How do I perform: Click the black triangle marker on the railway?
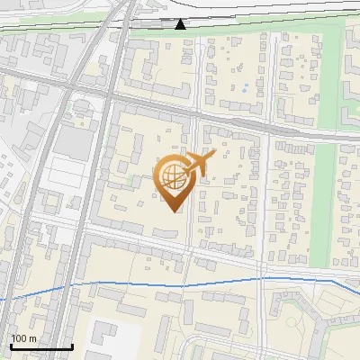[x=181, y=23]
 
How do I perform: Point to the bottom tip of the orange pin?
[x=173, y=211]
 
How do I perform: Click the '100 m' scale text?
[x=23, y=338]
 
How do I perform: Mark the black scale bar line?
[x=40, y=346]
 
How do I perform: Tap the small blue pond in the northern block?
[x=244, y=89]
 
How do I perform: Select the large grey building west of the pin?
[x=75, y=140]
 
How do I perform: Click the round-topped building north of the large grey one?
[x=83, y=108]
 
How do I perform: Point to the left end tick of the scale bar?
[x=11, y=346]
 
